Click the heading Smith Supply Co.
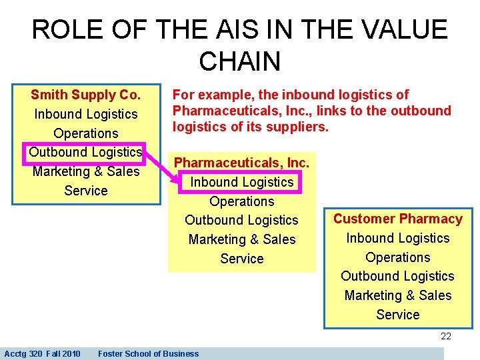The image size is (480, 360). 86,95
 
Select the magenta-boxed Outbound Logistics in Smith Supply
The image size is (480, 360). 85,152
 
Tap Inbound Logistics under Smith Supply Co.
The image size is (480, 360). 86,114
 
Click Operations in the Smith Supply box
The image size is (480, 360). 86,133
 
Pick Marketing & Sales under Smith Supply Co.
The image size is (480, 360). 86,171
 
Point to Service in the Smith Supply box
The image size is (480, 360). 86,191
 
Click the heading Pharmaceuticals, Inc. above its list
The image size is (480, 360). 241,163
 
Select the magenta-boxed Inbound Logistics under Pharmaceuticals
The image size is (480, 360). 241,182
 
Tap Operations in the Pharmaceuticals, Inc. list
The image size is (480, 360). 241,201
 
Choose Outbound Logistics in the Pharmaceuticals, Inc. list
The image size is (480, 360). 241,220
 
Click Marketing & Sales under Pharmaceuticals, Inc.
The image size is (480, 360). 241,239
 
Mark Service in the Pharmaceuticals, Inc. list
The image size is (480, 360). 241,259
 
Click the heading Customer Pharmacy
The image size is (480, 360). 397,219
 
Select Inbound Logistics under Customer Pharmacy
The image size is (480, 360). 397,238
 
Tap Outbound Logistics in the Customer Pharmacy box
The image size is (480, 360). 397,276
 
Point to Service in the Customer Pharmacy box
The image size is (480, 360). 397,315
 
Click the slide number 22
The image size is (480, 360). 446,337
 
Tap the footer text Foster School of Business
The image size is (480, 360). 148,354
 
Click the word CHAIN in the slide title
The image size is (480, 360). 239,61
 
